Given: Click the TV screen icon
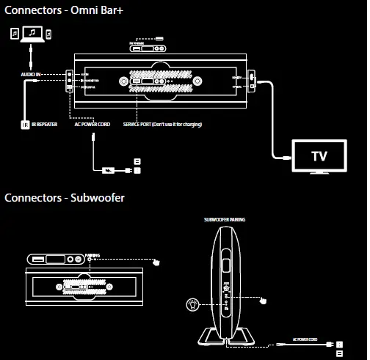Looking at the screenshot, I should click(x=319, y=155).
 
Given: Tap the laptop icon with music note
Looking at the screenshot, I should click(x=32, y=34).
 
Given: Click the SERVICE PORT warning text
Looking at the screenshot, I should click(x=162, y=125).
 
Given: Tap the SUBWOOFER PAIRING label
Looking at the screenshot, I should click(x=225, y=218).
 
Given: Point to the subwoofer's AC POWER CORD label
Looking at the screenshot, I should click(x=305, y=340).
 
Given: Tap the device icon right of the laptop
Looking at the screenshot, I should click(x=49, y=34).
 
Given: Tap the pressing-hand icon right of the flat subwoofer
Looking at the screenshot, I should click(x=156, y=262).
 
